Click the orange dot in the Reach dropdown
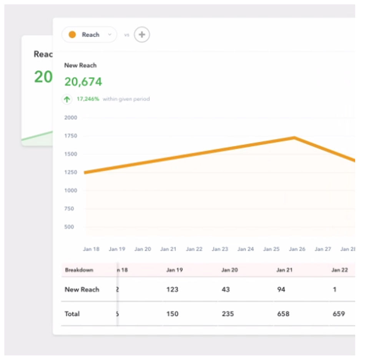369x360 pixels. tap(72, 35)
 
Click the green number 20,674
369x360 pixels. tap(83, 82)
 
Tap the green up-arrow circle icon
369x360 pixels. tap(67, 99)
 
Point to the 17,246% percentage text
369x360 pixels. tap(88, 99)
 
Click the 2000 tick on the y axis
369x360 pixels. tap(71, 118)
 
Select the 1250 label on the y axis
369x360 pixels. tap(71, 172)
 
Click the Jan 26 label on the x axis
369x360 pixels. tap(297, 249)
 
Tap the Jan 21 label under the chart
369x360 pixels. tap(168, 249)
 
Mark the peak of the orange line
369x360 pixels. tap(294, 137)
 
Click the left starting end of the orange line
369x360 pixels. tap(85, 172)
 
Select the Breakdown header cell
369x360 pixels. tap(79, 270)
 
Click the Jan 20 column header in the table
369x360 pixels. tap(229, 270)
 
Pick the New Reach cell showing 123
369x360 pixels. tap(172, 290)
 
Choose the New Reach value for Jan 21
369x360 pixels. tap(281, 290)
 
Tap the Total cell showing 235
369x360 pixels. tap(228, 314)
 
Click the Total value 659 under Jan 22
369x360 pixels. tap(339, 314)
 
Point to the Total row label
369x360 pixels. tap(72, 314)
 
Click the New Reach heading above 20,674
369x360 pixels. tap(80, 65)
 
